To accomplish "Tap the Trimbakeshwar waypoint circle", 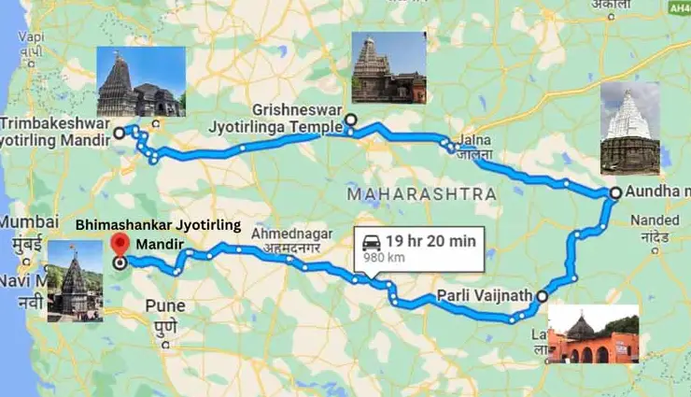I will click(119, 134).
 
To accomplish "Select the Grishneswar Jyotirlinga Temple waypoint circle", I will click(350, 120).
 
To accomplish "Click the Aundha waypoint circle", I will click(614, 192).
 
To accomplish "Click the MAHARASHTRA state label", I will click(419, 194).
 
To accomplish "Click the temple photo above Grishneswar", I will click(388, 66).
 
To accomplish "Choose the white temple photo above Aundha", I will click(629, 128).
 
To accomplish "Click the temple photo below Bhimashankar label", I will click(75, 281).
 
